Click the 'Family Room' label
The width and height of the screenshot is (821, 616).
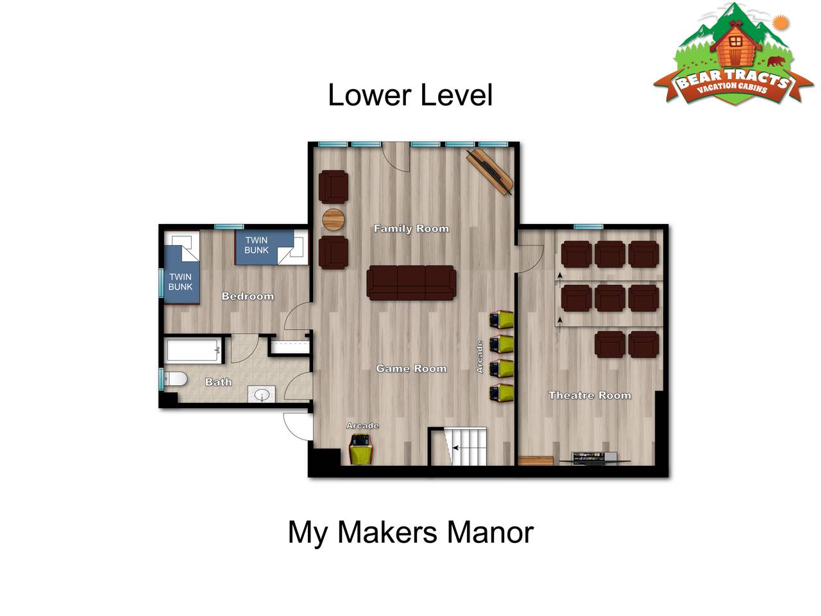(410, 228)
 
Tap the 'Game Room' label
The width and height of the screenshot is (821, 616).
(410, 368)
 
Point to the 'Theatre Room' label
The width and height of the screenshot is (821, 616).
(589, 395)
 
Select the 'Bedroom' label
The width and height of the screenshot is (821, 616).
(248, 296)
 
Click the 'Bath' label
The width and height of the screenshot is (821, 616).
(219, 382)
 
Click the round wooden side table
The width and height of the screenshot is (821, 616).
(333, 219)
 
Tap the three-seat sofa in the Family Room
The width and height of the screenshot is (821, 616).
(411, 283)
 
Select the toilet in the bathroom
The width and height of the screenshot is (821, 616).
(175, 379)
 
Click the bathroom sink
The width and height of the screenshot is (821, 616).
(262, 395)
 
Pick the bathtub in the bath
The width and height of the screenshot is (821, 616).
(193, 351)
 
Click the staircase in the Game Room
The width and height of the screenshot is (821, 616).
(465, 447)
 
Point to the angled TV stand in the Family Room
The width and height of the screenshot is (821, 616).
(489, 172)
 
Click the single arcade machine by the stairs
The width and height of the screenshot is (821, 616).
(361, 449)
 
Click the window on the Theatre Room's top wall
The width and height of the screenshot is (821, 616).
(588, 227)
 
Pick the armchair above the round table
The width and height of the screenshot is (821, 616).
(334, 187)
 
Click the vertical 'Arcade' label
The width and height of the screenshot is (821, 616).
(479, 357)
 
